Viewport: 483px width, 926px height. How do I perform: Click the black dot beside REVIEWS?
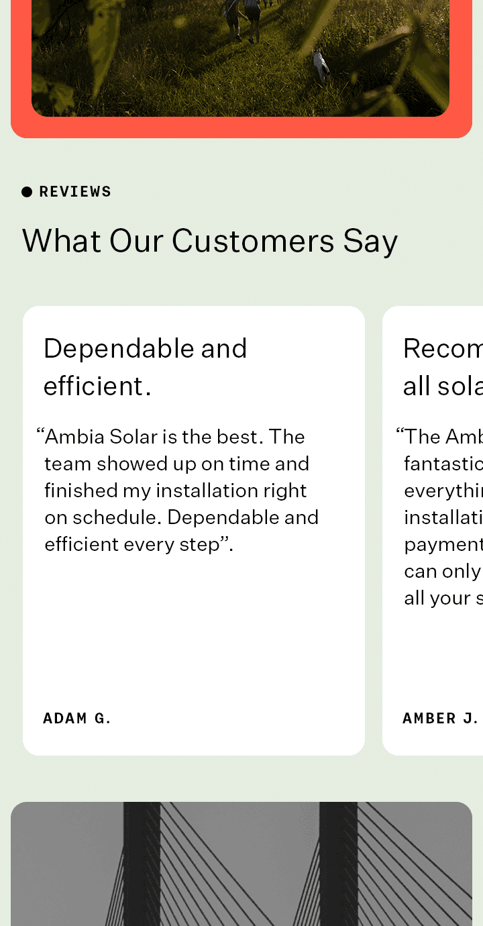pos(27,192)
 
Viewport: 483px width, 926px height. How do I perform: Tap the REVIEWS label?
pos(75,192)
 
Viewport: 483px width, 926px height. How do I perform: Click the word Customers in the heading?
pos(253,241)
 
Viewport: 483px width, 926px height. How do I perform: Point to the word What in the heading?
pos(62,241)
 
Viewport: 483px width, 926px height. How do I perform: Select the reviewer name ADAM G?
pos(76,719)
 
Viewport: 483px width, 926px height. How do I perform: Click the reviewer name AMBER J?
pos(440,719)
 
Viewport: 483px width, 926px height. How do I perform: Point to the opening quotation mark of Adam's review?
pos(40,434)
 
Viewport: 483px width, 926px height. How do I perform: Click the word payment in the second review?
pos(443,544)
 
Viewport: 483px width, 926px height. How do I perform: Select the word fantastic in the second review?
pos(443,464)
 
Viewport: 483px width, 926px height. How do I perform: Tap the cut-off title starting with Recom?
pos(443,349)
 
